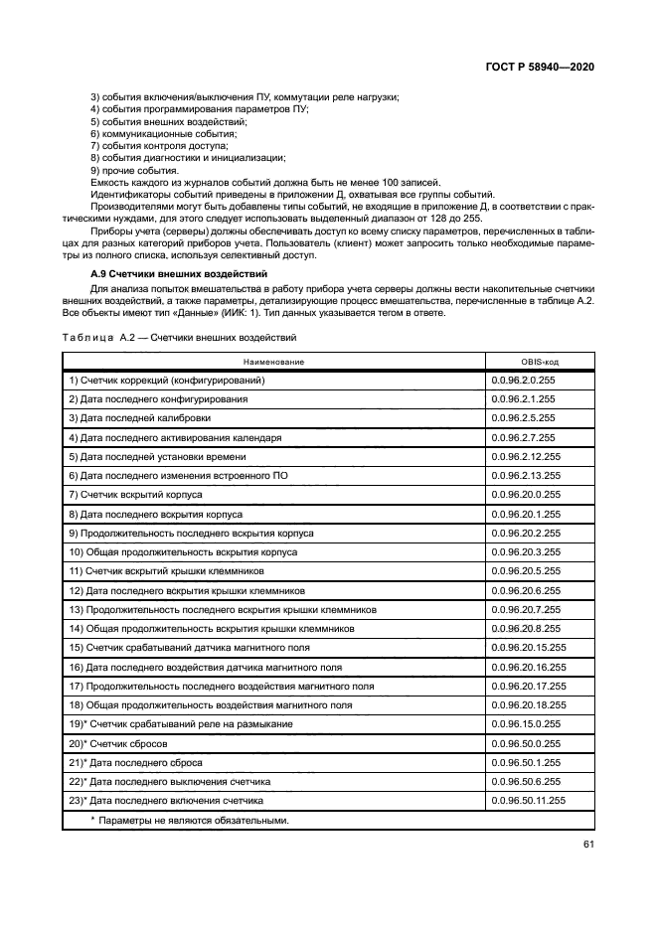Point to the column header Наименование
click(273, 362)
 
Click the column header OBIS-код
click(540, 362)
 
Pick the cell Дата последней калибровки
click(140, 418)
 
